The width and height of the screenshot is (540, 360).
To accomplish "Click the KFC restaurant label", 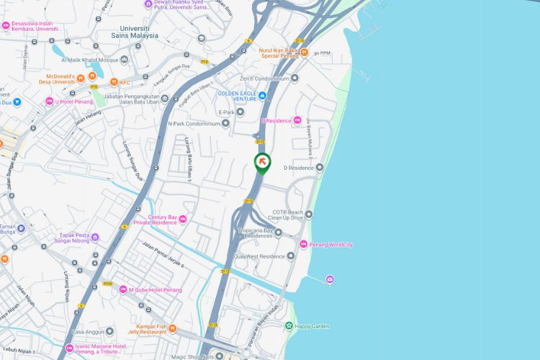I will (125, 82).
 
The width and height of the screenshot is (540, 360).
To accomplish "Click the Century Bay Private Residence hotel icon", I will (183, 219).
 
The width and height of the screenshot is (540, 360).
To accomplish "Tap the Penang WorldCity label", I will (330, 245).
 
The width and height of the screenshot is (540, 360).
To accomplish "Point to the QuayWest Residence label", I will (259, 256).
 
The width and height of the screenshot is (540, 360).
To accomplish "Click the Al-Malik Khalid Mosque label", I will (89, 60).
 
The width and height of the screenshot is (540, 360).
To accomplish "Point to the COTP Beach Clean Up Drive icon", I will (309, 214).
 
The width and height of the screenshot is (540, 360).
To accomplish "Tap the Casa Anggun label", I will (88, 332).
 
